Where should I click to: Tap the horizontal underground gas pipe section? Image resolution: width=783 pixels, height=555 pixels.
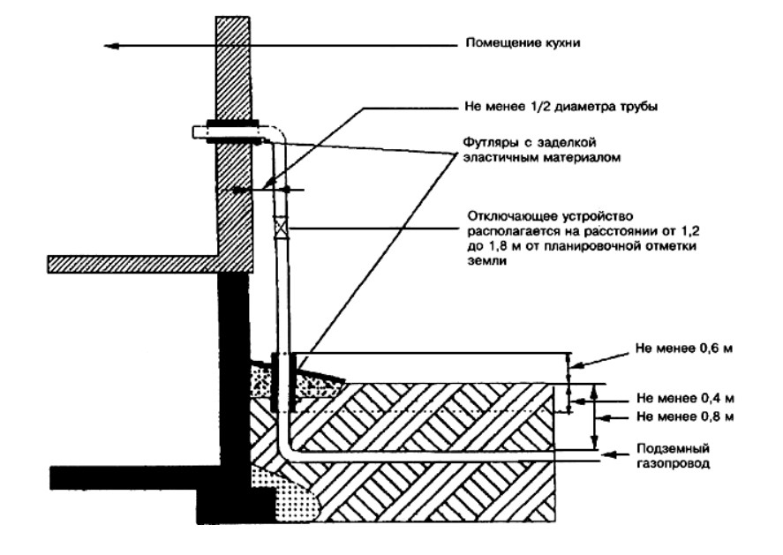pyautogui.click(x=424, y=457)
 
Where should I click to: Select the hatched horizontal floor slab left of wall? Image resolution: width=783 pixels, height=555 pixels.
pyautogui.click(x=132, y=263)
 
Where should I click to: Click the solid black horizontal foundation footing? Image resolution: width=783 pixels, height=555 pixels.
pyautogui.click(x=132, y=476)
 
